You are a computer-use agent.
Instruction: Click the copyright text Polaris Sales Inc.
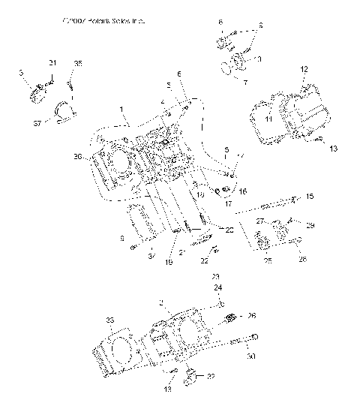coord(103,22)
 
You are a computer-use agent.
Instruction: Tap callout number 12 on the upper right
coord(304,69)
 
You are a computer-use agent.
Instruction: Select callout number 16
coord(242,192)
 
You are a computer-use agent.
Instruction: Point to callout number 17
coord(229,203)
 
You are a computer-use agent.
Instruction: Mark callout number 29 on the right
coord(310,225)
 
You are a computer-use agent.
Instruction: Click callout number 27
coord(260,222)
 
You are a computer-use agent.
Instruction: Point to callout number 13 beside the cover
coord(333,149)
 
